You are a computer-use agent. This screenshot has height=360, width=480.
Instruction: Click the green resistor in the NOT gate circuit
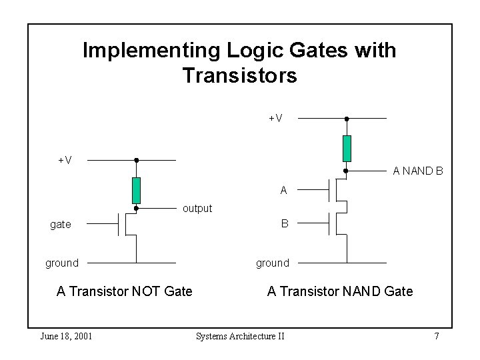coord(136,191)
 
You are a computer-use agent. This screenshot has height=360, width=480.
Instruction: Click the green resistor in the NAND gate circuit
coord(347,148)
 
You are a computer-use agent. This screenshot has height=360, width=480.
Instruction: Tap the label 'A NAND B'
coord(418,171)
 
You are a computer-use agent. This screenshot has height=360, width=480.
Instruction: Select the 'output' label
coord(197,209)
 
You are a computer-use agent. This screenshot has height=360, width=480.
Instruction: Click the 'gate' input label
coord(61,225)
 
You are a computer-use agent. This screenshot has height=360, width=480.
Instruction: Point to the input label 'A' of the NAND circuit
coord(284,191)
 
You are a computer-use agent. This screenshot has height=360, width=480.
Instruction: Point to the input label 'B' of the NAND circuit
coord(285,224)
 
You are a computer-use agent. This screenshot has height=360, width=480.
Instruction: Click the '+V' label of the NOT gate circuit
coord(65,160)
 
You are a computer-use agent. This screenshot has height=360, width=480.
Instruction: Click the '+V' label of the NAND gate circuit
coord(275,119)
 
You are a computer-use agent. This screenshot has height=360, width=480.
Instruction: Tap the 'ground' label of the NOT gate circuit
coord(62,263)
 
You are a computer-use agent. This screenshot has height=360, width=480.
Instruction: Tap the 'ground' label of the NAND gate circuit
coord(273,263)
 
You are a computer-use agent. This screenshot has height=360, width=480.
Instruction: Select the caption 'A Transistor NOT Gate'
coord(125,291)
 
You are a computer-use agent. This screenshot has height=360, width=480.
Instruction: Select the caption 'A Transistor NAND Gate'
coord(340,291)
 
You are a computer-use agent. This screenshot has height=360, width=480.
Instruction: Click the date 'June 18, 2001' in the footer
coord(66,336)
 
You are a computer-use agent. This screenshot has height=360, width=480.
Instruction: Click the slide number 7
coord(437,336)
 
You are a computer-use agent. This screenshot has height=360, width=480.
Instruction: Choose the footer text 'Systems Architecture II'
coord(240,336)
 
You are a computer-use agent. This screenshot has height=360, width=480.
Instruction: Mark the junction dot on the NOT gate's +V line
coord(136,160)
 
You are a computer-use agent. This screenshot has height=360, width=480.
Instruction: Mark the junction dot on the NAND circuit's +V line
coord(347,119)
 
